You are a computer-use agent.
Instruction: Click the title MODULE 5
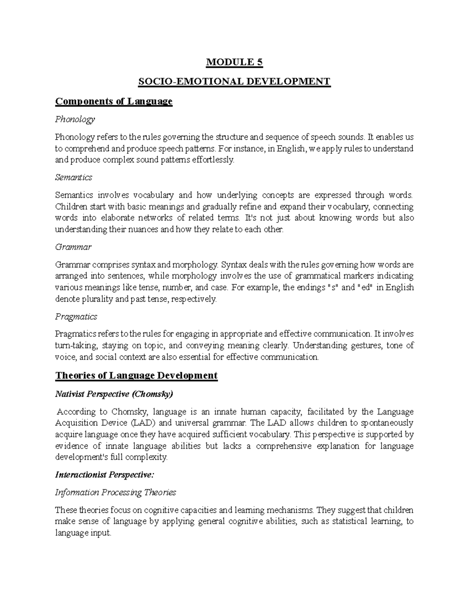(x=234, y=62)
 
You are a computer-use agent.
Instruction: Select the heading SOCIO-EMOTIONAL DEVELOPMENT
(x=234, y=82)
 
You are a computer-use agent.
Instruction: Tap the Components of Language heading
(x=114, y=101)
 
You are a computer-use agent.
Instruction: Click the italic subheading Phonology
(x=75, y=119)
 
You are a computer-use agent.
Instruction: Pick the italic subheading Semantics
(x=73, y=177)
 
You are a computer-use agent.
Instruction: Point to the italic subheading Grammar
(x=73, y=247)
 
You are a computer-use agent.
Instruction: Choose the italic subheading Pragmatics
(x=76, y=316)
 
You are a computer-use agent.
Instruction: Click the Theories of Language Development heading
(x=136, y=375)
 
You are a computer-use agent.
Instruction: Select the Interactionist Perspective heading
(x=105, y=474)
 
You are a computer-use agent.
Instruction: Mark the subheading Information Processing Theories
(x=115, y=493)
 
